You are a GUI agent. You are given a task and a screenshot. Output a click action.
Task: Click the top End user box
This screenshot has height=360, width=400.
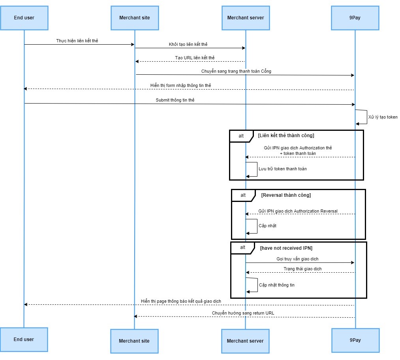[24, 18]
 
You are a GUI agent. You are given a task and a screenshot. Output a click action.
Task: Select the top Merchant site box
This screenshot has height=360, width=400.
[134, 18]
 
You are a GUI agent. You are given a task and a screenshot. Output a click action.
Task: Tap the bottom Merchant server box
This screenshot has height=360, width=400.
[245, 341]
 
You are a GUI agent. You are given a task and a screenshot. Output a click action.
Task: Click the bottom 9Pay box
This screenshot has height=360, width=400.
[355, 340]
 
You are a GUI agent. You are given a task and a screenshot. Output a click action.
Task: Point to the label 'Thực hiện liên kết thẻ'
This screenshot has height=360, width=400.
[77, 41]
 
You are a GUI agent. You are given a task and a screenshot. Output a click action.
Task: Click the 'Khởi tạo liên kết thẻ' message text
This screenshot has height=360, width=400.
[188, 45]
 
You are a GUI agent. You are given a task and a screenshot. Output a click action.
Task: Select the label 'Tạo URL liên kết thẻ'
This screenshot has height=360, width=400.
[195, 58]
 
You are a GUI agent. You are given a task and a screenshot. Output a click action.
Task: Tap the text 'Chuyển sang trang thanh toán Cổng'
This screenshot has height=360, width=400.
[236, 72]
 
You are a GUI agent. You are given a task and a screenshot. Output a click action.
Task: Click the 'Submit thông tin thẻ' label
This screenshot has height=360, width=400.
[175, 100]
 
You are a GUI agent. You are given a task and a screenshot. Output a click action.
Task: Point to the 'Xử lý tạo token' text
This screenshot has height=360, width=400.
[383, 117]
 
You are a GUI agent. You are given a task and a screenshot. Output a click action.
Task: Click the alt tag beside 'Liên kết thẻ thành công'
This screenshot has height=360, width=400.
[241, 136]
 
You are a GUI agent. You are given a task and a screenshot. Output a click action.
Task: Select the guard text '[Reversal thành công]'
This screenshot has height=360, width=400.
[286, 195]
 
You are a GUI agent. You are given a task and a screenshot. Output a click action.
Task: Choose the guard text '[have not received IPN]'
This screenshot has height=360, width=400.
[286, 248]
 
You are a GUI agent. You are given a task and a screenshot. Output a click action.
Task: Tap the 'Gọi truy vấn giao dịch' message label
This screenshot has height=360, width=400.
[297, 259]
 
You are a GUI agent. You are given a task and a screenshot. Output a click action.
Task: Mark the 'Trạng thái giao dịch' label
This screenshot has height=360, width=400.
[302, 269]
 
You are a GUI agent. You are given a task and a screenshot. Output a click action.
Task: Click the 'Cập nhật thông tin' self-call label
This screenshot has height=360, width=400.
[276, 285]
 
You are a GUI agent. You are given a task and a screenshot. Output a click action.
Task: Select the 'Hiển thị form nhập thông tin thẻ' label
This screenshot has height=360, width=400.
[180, 85]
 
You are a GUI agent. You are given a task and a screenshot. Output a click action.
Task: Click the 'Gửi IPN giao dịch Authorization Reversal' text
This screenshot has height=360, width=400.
[298, 211]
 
